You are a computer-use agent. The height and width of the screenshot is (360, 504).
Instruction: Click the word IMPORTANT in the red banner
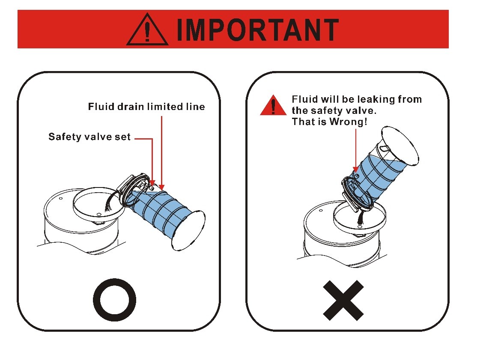258,30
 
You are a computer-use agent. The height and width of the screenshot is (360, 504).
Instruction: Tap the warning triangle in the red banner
147,30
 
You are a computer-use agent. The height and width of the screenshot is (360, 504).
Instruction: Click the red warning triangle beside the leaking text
273,105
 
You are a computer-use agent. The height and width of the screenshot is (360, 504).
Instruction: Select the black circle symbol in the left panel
114,300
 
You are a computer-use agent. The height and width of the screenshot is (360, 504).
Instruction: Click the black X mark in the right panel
343,300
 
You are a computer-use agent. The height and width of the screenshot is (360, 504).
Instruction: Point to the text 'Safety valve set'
89,137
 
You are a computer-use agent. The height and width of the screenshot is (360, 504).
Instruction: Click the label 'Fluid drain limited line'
146,107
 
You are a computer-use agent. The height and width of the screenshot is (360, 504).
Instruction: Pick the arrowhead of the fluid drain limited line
162,187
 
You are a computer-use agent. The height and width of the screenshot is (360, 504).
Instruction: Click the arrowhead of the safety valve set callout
152,183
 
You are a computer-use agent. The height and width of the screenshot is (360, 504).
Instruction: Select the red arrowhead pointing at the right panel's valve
355,170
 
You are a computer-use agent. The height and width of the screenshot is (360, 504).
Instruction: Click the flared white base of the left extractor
189,230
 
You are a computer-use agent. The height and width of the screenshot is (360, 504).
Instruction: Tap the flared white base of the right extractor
400,146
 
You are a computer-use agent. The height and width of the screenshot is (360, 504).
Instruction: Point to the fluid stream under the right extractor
361,217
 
